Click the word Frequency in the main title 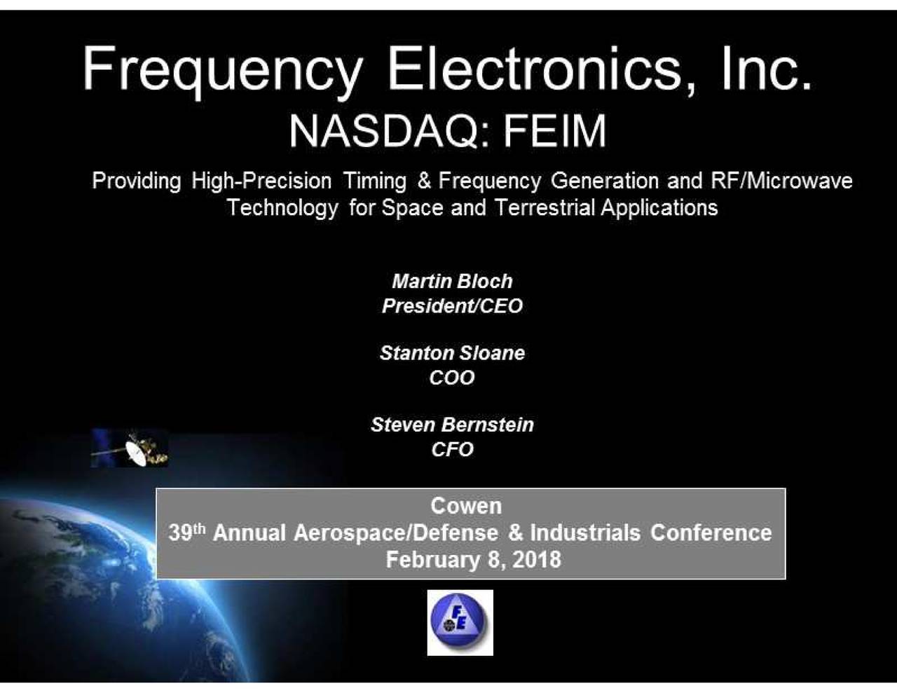pos(223,70)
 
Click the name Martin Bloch pos(452,282)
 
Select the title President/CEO pos(452,306)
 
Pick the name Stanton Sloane pos(452,353)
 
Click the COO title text pos(452,378)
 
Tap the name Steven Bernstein pos(452,425)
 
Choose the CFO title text pos(452,449)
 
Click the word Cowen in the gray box pos(466,506)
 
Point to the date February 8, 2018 pos(473,560)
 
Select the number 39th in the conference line pos(186,533)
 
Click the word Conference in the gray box pos(711,533)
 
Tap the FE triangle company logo pos(460,622)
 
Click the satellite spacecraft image pos(130,448)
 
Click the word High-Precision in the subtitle pos(261,181)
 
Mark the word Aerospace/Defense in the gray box pos(397,533)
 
